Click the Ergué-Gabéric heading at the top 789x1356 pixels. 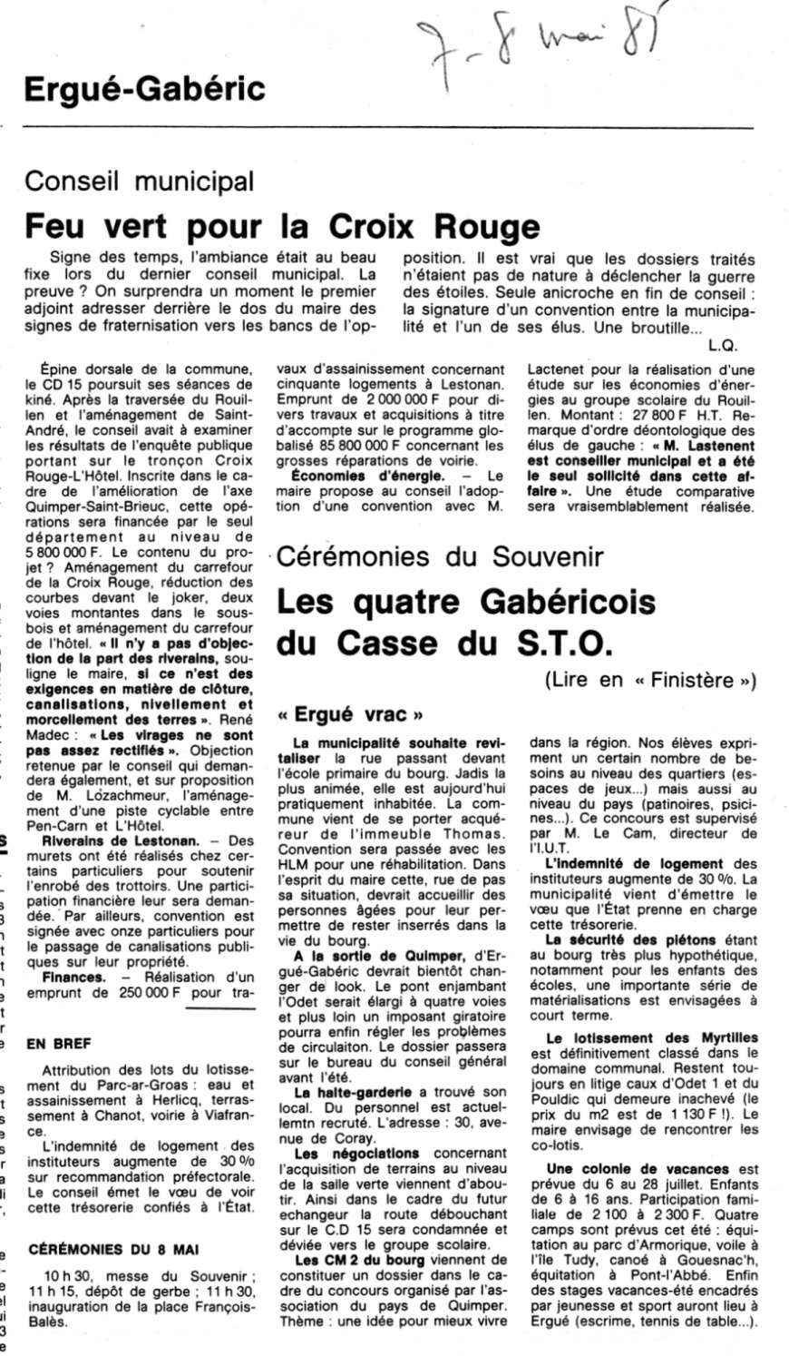click(144, 89)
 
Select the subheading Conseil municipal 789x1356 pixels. click(139, 181)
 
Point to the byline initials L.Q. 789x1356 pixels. click(725, 345)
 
